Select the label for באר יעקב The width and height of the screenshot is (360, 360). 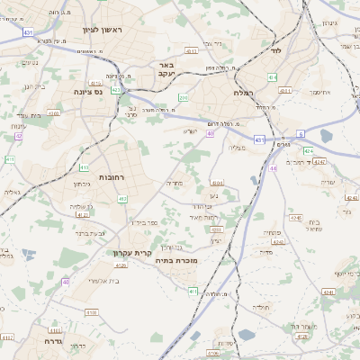pos(165,69)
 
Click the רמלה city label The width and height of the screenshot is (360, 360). pos(244,92)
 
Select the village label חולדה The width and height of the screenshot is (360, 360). pos(261,307)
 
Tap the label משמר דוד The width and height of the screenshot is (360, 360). pos(307,326)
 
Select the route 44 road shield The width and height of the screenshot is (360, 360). pos(273,167)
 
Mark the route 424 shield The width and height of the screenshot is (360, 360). pos(309,150)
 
